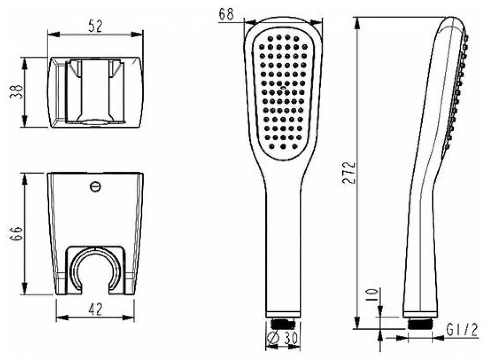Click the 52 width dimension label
point(95,26)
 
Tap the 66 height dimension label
point(16,234)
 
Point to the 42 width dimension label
point(95,310)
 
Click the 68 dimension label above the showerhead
point(226,14)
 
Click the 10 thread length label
point(372,294)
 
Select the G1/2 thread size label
point(462,330)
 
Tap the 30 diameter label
point(290,337)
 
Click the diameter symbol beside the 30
point(273,337)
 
